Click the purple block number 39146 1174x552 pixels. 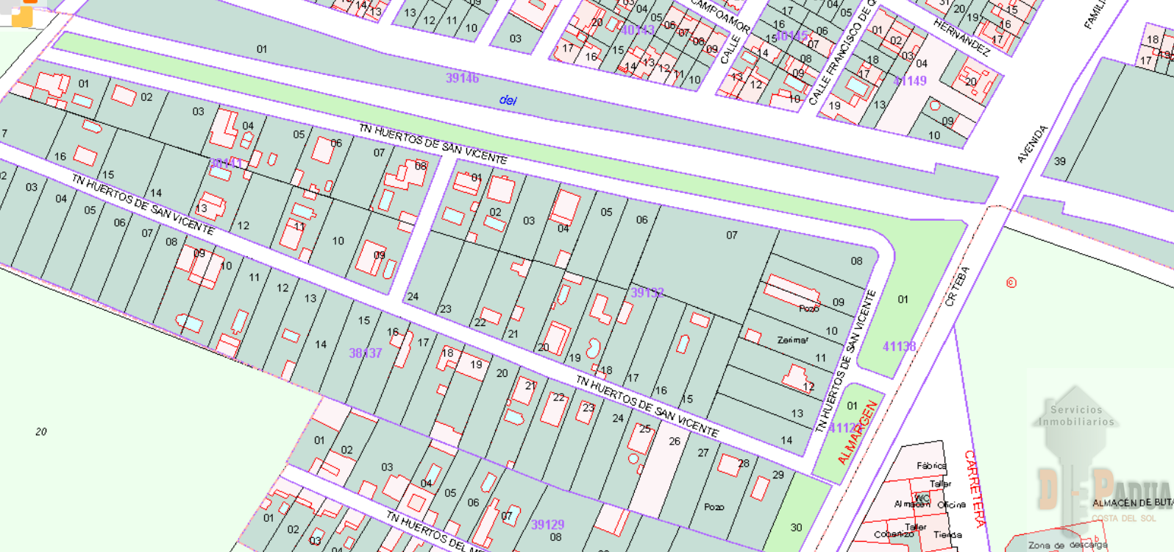pos(462,78)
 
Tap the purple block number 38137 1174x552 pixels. pos(365,353)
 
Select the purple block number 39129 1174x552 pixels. pos(547,524)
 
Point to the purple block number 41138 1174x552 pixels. pos(899,346)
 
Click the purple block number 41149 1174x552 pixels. pos(910,81)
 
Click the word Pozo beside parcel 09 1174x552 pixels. pos(808,308)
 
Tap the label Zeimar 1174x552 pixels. pos(792,340)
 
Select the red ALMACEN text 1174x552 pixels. pos(858,432)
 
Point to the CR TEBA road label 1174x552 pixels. pos(958,286)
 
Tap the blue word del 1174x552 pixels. pos(508,99)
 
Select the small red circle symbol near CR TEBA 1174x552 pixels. pos(1011,283)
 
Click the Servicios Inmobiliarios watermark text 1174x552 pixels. pos(1076,416)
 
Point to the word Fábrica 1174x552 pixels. pos(931,465)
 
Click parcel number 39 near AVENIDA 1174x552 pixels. pos(1059,161)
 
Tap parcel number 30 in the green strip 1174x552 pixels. pos(796,527)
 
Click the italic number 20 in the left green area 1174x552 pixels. pos(41,431)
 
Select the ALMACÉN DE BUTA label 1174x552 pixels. pos(1132,503)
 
